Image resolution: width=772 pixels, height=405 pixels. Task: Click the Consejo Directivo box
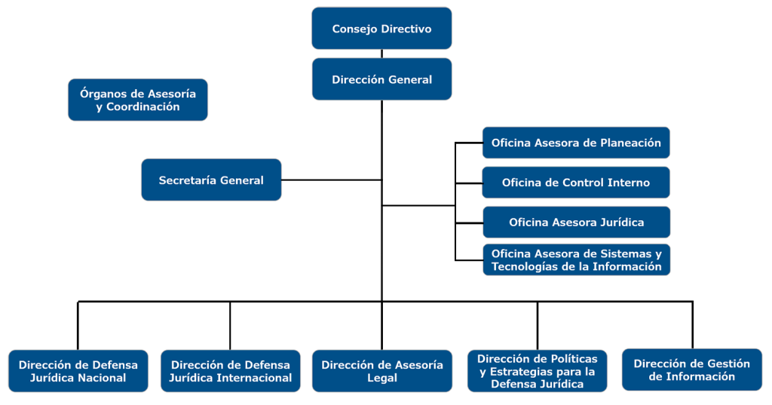381,29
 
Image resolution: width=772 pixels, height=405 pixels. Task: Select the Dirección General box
381,79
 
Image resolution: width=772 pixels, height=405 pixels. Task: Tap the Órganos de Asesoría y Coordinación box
138,100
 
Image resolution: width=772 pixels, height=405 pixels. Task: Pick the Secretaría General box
211,179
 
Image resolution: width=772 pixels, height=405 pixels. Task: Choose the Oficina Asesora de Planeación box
576,143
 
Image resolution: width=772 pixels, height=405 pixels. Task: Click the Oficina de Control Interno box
576,183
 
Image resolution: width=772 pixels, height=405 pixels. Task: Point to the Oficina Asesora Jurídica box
576,222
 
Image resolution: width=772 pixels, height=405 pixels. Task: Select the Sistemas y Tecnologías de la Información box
576,259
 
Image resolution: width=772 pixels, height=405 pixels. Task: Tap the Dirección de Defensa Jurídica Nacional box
78,370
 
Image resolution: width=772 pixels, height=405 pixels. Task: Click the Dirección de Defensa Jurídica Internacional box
230,370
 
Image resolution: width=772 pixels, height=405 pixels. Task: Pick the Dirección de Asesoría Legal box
381,370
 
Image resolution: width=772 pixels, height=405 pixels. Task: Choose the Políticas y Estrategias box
537,370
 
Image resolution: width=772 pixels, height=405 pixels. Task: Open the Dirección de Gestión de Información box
691,370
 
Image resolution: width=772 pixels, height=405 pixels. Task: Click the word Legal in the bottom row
381,378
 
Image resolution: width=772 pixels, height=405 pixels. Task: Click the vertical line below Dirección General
382,204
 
